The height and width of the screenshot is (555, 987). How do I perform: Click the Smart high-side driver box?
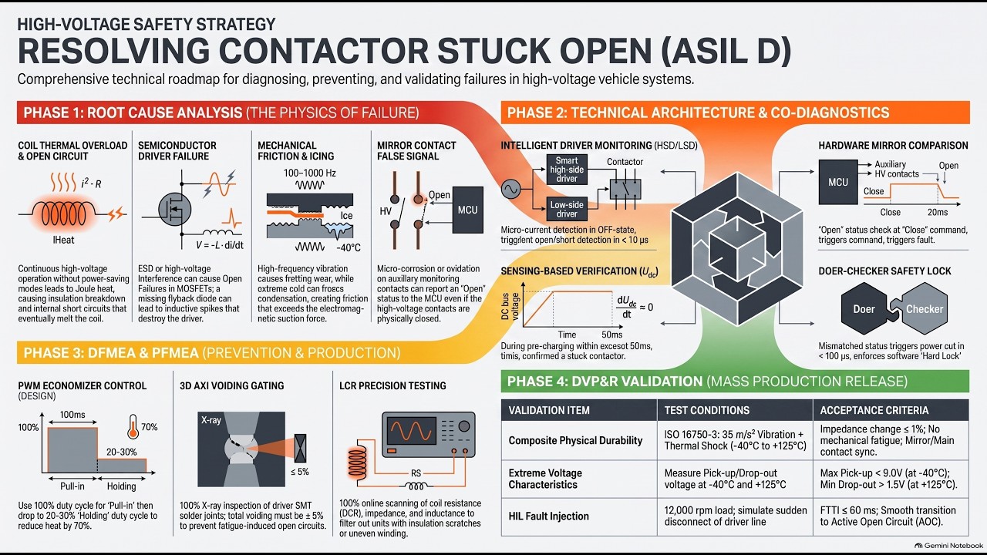pyautogui.click(x=567, y=169)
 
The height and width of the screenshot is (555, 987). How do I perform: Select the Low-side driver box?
pyautogui.click(x=567, y=209)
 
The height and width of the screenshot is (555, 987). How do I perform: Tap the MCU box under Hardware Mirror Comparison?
pyautogui.click(x=838, y=182)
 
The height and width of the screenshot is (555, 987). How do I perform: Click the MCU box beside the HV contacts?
pyautogui.click(x=467, y=210)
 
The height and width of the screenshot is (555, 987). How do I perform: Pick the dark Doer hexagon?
pyautogui.click(x=864, y=309)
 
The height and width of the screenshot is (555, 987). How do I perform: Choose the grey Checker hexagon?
pyautogui.click(x=924, y=309)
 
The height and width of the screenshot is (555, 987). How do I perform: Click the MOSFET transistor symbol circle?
pyautogui.click(x=174, y=210)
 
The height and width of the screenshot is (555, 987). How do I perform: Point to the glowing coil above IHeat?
pyautogui.click(x=63, y=214)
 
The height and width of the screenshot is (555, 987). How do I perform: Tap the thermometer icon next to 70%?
pyautogui.click(x=133, y=426)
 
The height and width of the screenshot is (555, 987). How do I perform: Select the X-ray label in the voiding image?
pyautogui.click(x=211, y=420)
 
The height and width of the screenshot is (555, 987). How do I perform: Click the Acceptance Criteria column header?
pyautogui.click(x=874, y=410)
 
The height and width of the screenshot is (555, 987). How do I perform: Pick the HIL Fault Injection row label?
pyautogui.click(x=548, y=516)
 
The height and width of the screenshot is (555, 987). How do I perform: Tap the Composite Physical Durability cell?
pyautogui.click(x=575, y=440)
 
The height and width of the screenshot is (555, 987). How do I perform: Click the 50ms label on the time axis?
pyautogui.click(x=612, y=335)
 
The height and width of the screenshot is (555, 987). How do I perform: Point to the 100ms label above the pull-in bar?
pyautogui.click(x=72, y=415)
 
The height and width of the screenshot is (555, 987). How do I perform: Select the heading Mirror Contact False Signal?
pyautogui.click(x=416, y=150)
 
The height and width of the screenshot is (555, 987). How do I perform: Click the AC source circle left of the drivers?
pyautogui.click(x=510, y=189)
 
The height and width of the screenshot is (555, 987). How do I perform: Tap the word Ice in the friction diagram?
pyautogui.click(x=346, y=215)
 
